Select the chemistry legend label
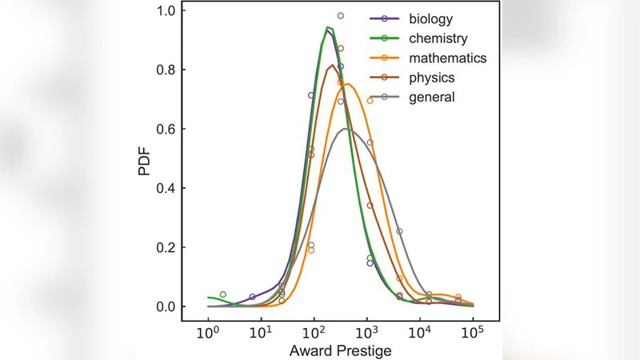pyautogui.click(x=439, y=38)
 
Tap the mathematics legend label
pyautogui.click(x=447, y=58)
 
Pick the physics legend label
pyautogui.click(x=431, y=78)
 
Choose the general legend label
pyautogui.click(x=431, y=97)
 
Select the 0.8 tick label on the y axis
pyautogui.click(x=166, y=70)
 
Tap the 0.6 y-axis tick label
pyautogui.click(x=166, y=130)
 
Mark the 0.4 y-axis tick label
pyautogui.click(x=166, y=189)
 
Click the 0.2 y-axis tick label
pyautogui.click(x=166, y=248)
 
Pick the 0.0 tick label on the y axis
pyautogui.click(x=166, y=307)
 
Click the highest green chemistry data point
pyautogui.click(x=340, y=15)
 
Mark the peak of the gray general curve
pyautogui.click(x=345, y=129)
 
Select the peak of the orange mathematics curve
pyautogui.click(x=347, y=84)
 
